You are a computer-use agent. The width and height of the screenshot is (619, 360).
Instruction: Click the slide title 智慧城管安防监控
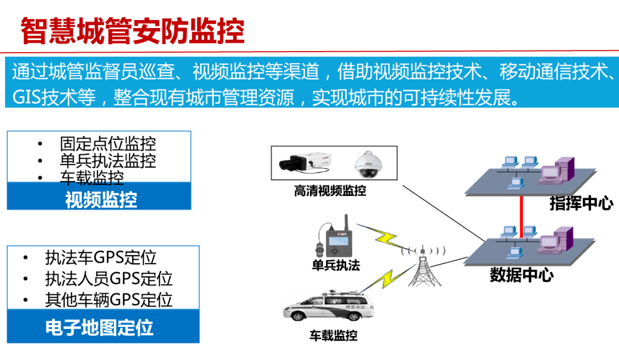[132, 31]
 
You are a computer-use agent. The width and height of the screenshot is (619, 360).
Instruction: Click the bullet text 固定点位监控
[108, 143]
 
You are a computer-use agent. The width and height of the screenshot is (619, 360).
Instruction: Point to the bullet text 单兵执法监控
[108, 161]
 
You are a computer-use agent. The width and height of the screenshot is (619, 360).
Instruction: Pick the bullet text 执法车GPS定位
[101, 258]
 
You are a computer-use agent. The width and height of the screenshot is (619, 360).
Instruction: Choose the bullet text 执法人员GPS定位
[109, 279]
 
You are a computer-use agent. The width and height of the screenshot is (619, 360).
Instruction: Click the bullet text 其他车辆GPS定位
[109, 299]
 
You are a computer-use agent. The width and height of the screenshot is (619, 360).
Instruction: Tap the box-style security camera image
[304, 163]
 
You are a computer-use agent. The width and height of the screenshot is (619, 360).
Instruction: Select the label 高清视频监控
[330, 191]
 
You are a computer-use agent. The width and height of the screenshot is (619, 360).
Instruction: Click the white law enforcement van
[330, 310]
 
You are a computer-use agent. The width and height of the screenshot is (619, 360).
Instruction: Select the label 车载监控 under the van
[334, 335]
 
